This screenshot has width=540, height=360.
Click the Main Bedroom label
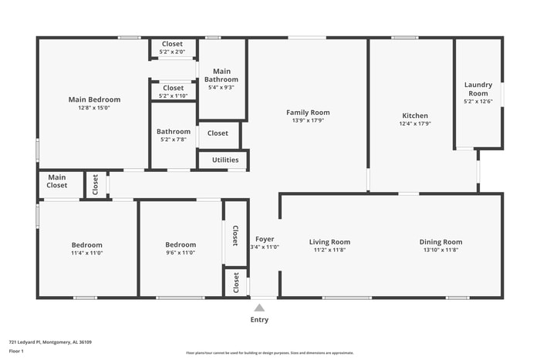click(94, 99)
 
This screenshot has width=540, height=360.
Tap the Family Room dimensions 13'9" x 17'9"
click(308, 120)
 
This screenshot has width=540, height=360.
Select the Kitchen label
click(414, 116)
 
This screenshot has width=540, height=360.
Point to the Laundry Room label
click(478, 89)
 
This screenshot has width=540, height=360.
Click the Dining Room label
click(440, 242)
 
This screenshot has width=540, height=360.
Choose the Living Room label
click(330, 242)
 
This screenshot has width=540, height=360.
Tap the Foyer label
click(265, 239)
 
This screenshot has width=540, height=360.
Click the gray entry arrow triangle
click(259, 308)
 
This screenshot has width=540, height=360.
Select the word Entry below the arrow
click(259, 320)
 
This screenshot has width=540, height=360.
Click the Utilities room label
click(225, 160)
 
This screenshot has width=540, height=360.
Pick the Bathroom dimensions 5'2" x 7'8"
click(173, 140)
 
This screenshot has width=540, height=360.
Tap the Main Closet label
click(57, 181)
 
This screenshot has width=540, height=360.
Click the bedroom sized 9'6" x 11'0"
click(181, 248)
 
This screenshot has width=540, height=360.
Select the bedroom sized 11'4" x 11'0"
click(86, 248)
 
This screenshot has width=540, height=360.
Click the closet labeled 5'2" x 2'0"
click(173, 48)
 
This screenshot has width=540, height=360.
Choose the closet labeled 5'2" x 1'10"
click(173, 92)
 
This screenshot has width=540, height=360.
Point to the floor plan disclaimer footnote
click(269, 353)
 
